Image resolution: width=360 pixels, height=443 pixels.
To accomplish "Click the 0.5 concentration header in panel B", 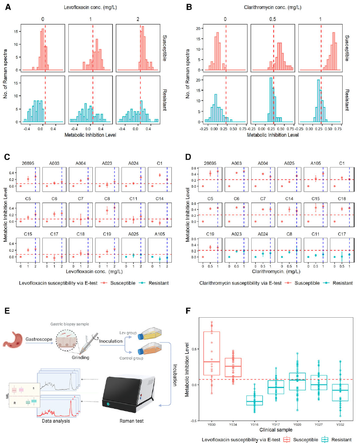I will pyautogui.click(x=273, y=19).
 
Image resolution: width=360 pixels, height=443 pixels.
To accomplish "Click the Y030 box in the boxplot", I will pyautogui.click(x=211, y=353).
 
